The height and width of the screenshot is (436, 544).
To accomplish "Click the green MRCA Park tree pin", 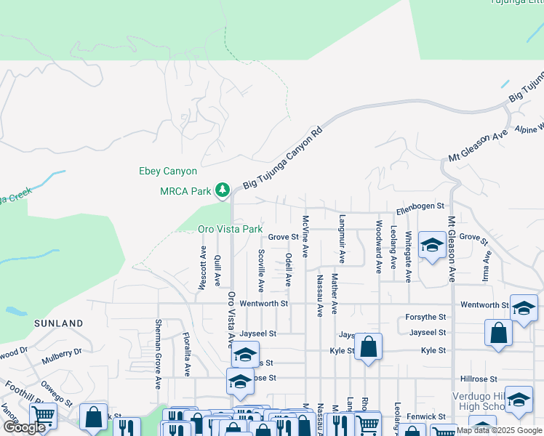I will pos(223,190).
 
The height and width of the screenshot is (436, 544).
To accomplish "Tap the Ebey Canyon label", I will pos(168,171).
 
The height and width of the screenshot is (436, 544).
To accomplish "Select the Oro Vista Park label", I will pos(230,229).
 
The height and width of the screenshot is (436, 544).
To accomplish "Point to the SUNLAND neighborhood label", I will pos(59,323).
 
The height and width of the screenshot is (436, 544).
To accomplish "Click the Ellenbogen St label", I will pos(420,208).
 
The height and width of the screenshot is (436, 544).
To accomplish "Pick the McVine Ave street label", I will pos(305,235).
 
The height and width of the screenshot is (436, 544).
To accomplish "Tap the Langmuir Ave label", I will pos(342,238).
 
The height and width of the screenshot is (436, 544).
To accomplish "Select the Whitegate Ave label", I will pos(409,257).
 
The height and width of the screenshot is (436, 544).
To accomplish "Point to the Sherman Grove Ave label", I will pos(158,354).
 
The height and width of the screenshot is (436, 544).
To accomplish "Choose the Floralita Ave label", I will pos(187,354).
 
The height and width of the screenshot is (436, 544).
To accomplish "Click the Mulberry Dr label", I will pos(62,353).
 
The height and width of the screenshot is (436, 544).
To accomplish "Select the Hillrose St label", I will pos(479,379).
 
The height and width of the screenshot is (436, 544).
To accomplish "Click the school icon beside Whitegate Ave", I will pos(432,246).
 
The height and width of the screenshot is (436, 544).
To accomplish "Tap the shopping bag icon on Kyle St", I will pos(369,348).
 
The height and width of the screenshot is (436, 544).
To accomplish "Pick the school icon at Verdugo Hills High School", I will pos(519,400).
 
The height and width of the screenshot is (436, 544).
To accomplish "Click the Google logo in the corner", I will pos(25,427).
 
